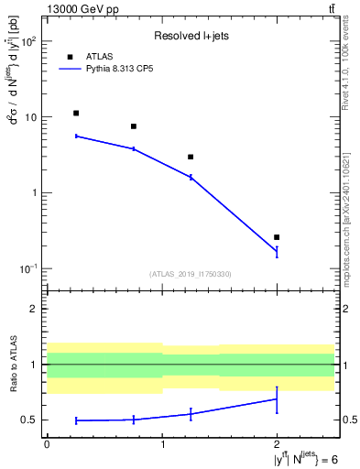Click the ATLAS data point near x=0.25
(x=76, y=114)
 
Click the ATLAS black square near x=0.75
(x=134, y=126)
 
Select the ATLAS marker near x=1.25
(x=191, y=158)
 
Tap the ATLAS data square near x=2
(x=277, y=237)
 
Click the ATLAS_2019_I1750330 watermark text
(x=190, y=274)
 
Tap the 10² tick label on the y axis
(x=29, y=41)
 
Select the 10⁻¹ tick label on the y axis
(x=29, y=268)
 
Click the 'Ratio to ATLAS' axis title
(x=14, y=364)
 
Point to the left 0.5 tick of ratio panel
(x=30, y=420)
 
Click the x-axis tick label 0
(x=47, y=443)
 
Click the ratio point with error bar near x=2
(x=277, y=398)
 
